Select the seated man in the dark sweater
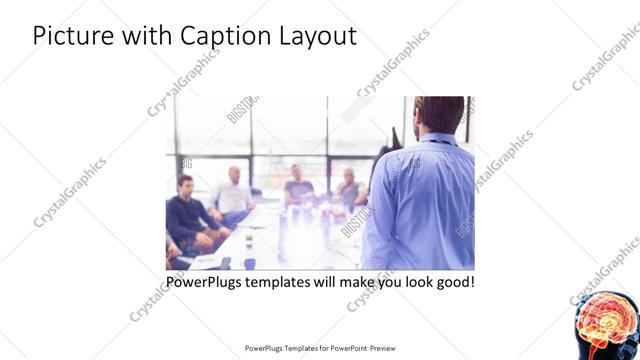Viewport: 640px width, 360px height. [186, 212]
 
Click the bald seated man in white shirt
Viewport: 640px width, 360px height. [234, 192]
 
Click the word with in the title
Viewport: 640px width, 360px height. [146, 37]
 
